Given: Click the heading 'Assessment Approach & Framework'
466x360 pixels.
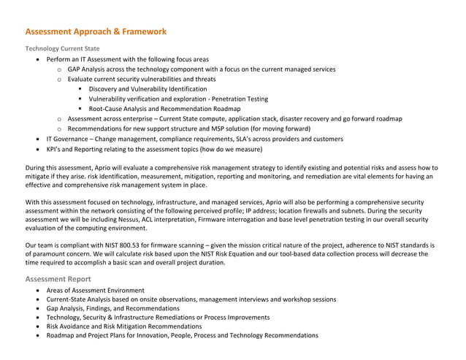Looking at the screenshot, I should (96, 32).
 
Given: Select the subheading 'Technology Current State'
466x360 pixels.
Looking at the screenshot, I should (63, 49).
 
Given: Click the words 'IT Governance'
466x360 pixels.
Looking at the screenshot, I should (67, 139).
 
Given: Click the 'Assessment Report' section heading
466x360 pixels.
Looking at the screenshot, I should (58, 278).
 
